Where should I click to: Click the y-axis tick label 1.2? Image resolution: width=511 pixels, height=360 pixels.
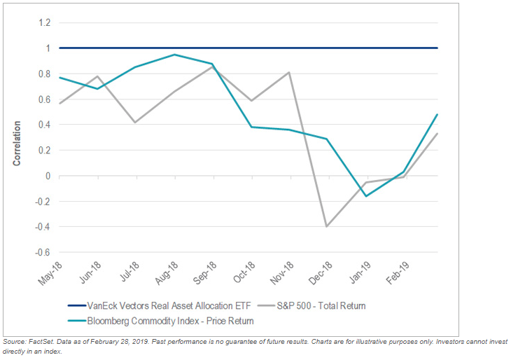point(45,23)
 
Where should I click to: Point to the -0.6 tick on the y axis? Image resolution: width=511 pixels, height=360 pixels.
point(43,252)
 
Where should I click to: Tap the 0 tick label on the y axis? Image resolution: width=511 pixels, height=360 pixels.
point(48,176)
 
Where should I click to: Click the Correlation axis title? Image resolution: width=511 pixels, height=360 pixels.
point(17,144)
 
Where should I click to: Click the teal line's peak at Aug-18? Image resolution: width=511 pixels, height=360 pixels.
point(174,55)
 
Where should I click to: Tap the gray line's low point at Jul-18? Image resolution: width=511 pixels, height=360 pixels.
point(135,123)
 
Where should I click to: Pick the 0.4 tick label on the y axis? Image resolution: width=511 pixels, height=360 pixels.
point(45,125)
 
